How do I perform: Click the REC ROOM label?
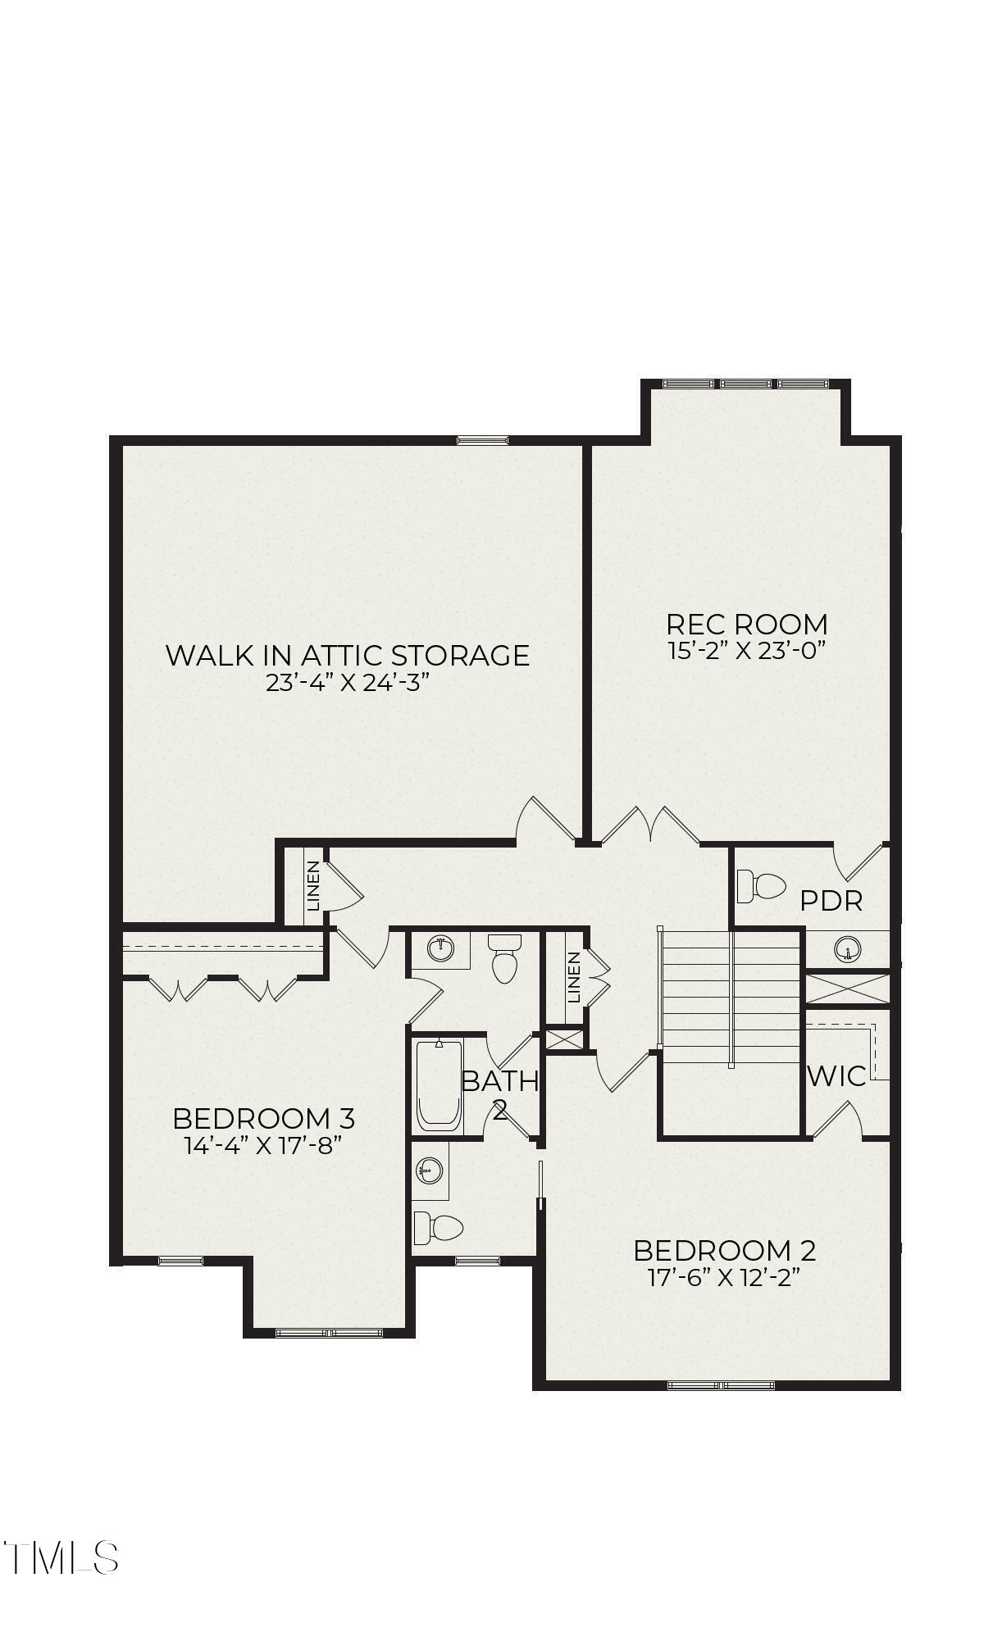746,625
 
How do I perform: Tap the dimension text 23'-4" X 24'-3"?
348,684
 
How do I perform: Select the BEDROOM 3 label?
263,1118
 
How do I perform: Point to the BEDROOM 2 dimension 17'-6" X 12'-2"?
724,1278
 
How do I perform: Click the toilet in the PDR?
761,886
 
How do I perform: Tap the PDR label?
831,902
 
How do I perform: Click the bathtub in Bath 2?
439,1085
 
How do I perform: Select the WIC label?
836,1076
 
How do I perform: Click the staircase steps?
731,997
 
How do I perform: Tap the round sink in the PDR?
849,950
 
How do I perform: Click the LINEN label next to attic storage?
312,886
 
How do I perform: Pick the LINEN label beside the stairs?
574,977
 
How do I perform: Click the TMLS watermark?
61,1558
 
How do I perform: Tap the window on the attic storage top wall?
482,440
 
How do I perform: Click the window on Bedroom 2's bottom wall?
721,1386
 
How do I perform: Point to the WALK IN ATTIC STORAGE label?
348,655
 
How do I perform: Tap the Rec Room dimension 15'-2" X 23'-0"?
746,652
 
